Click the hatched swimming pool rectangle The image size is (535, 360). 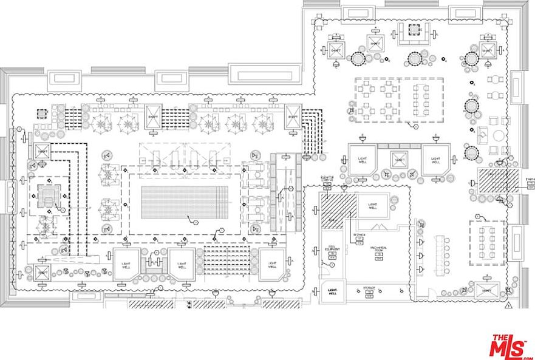coord(185,202)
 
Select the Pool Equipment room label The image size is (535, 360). coord(332,248)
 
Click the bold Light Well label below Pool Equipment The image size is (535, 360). coord(332,292)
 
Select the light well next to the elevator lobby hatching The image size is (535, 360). coord(372,206)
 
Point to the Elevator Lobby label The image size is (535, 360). coord(328,178)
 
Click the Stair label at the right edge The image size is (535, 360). coord(530,180)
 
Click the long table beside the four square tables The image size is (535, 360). coord(420,99)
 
